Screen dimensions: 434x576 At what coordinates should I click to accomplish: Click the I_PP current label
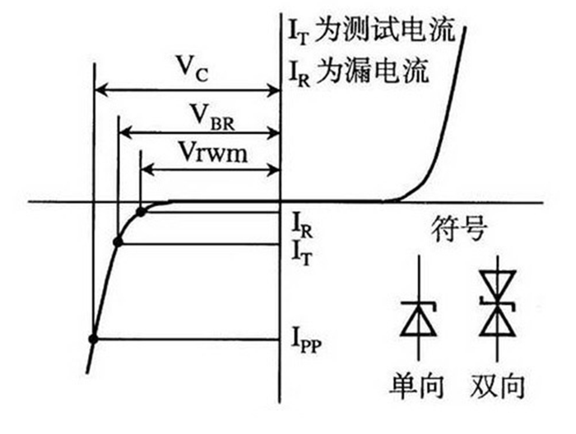tap(306, 336)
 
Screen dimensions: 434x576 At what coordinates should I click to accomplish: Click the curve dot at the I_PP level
tap(93, 339)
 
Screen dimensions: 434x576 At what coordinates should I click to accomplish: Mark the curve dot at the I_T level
tap(118, 242)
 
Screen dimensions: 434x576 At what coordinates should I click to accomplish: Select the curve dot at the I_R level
tap(141, 212)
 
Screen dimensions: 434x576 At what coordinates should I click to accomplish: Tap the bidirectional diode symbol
tap(496, 316)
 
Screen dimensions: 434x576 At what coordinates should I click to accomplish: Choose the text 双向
tap(499, 386)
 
